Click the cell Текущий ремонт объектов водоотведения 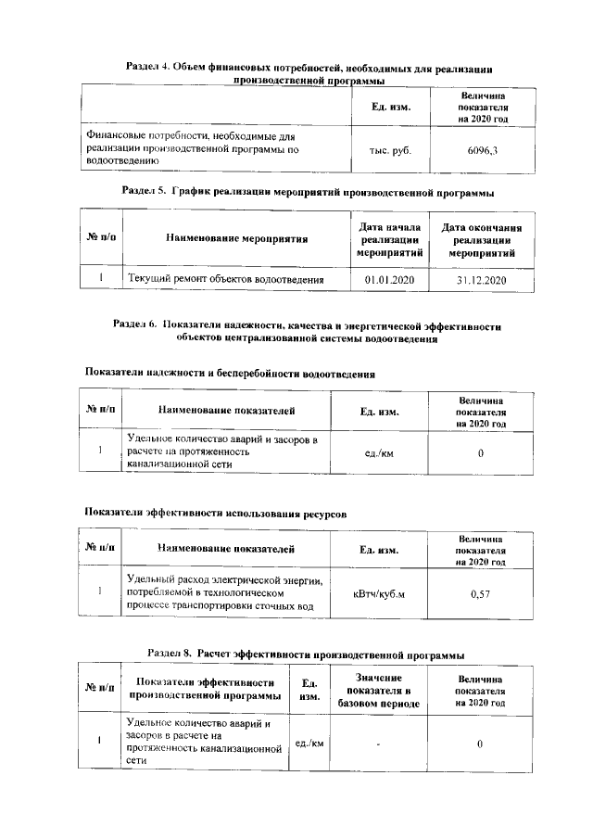click(x=225, y=279)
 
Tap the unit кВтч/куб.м click(x=380, y=594)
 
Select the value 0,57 click(x=480, y=594)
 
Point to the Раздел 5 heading click(x=308, y=193)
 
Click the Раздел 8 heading click(x=306, y=654)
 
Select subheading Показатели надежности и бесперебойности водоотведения click(x=230, y=374)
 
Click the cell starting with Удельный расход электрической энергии click(x=224, y=594)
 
